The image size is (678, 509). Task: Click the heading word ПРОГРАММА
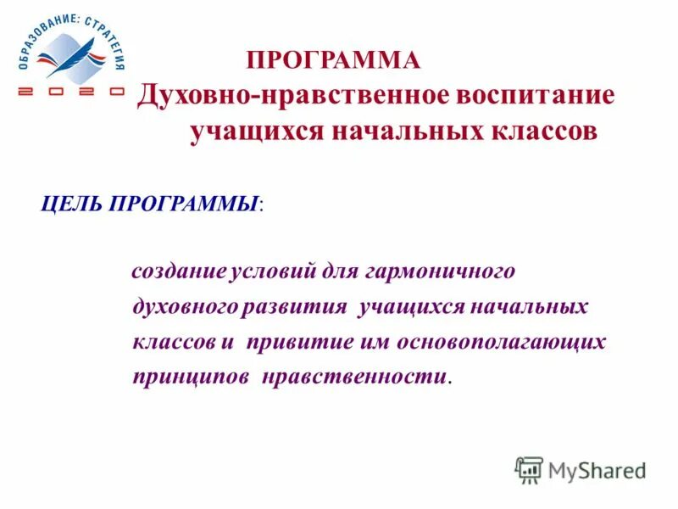[333, 60]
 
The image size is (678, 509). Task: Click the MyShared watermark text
[597, 469]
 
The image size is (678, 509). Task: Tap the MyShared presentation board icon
[529, 470]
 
